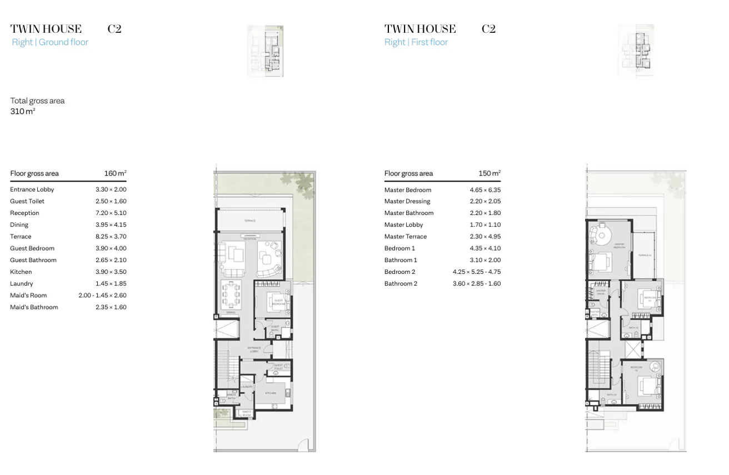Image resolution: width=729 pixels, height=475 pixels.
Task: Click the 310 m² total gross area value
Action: coord(23,112)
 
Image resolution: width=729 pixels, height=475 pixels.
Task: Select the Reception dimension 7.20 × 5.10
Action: coord(111,213)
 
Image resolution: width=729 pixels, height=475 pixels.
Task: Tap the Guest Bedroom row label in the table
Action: coord(32,248)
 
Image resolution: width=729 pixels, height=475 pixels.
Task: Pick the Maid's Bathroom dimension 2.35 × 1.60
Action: coord(111,307)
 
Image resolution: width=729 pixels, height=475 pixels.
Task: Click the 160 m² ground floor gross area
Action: coord(115,173)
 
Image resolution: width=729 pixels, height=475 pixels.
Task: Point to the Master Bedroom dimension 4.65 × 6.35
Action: coord(485,190)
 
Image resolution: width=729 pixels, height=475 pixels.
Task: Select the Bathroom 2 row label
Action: coord(401,284)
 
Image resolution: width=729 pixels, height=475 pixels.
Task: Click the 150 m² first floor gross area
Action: coord(489,173)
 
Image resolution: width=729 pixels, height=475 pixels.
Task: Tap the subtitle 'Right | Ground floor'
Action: coord(50,42)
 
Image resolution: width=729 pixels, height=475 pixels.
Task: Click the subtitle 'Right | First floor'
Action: coord(416,42)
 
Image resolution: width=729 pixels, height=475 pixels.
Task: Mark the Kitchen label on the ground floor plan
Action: coord(271,393)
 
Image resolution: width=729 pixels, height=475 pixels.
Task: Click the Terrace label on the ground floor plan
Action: coord(249,221)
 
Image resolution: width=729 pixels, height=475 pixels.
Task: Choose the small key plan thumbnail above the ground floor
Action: coord(266,51)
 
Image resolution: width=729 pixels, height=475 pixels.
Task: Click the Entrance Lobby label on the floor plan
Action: coord(254,349)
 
